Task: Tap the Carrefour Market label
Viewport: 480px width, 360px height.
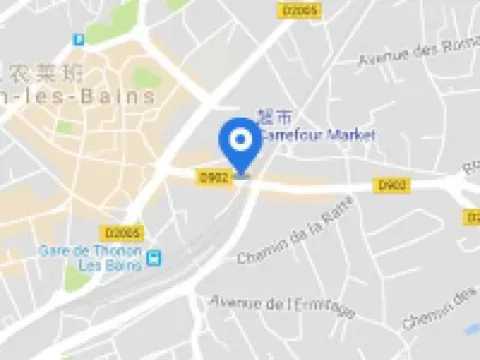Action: pos(317,134)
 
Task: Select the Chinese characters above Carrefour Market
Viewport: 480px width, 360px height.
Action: pos(272,117)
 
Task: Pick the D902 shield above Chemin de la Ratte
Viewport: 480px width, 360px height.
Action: pos(391,185)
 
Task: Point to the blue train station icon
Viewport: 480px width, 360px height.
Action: pos(154,258)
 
